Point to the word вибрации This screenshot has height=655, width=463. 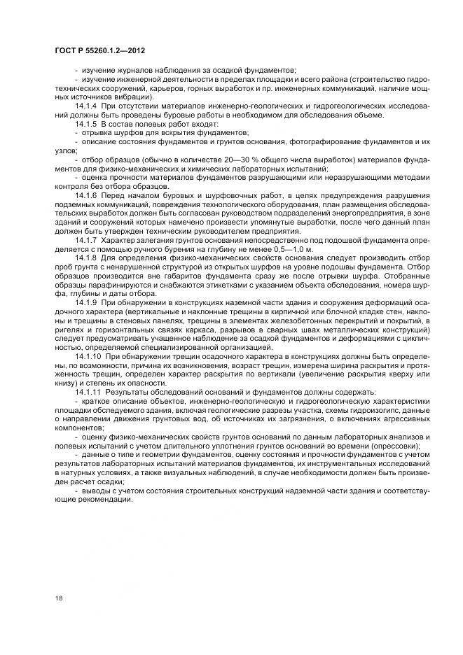point(137,97)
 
